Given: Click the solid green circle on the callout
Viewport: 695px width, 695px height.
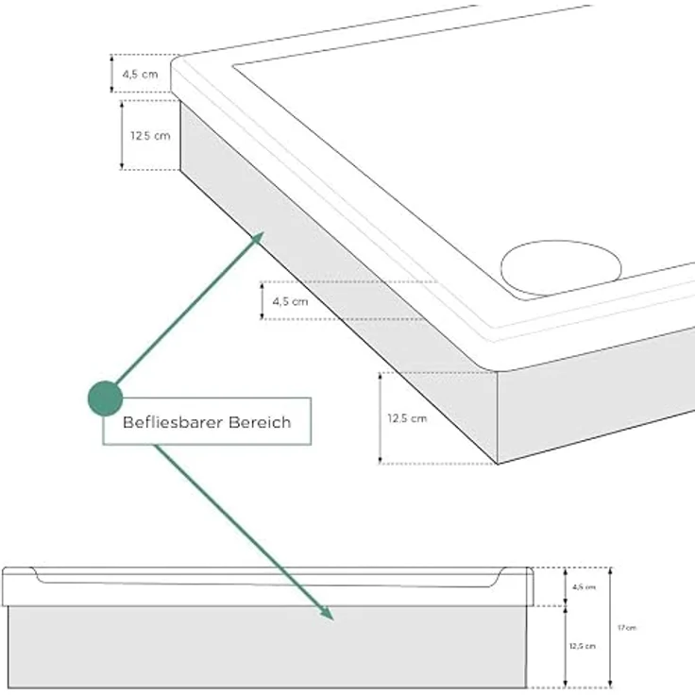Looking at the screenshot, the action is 105,398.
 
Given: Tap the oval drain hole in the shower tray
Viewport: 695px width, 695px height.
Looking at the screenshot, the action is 561,268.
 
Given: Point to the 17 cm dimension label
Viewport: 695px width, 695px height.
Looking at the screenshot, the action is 627,628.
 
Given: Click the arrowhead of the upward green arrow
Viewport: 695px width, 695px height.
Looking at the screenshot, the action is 257,239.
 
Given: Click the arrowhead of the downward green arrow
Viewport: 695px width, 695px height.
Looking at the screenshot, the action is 327,613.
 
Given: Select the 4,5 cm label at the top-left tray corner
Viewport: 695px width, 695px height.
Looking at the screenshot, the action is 140,75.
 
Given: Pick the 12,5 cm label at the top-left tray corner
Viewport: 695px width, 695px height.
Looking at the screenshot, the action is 150,136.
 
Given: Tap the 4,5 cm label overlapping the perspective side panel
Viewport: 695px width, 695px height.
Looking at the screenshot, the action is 290,301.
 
